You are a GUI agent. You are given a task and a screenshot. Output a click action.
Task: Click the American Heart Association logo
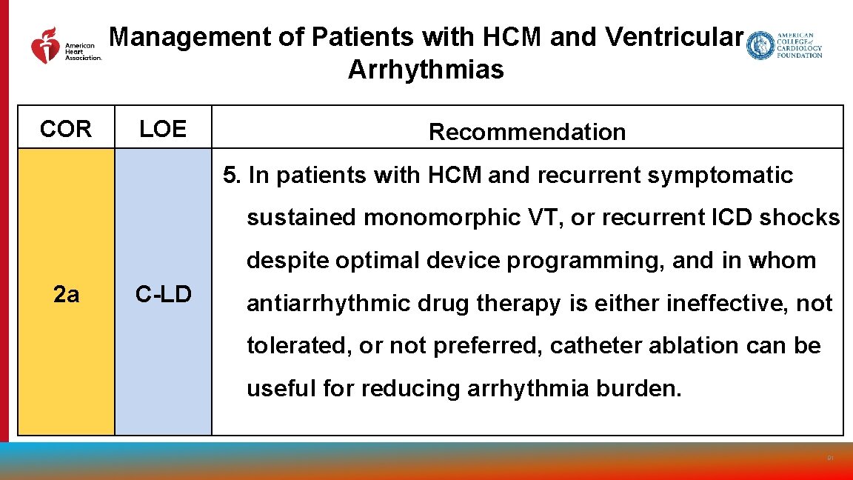[x=65, y=45]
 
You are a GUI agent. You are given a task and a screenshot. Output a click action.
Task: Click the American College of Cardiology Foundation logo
[x=784, y=45]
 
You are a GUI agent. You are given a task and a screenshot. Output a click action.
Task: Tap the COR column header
[x=66, y=129]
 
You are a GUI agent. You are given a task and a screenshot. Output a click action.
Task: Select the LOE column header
[x=163, y=129]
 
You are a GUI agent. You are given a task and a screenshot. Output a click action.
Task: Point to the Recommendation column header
[x=527, y=132]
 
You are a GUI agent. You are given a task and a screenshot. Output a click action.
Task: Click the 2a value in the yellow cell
[x=66, y=295]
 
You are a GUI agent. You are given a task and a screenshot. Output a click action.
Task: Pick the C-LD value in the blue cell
[x=163, y=295]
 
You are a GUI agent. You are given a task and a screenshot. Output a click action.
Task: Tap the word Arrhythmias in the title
[x=425, y=70]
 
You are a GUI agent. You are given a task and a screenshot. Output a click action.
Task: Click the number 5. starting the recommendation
[x=233, y=176]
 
